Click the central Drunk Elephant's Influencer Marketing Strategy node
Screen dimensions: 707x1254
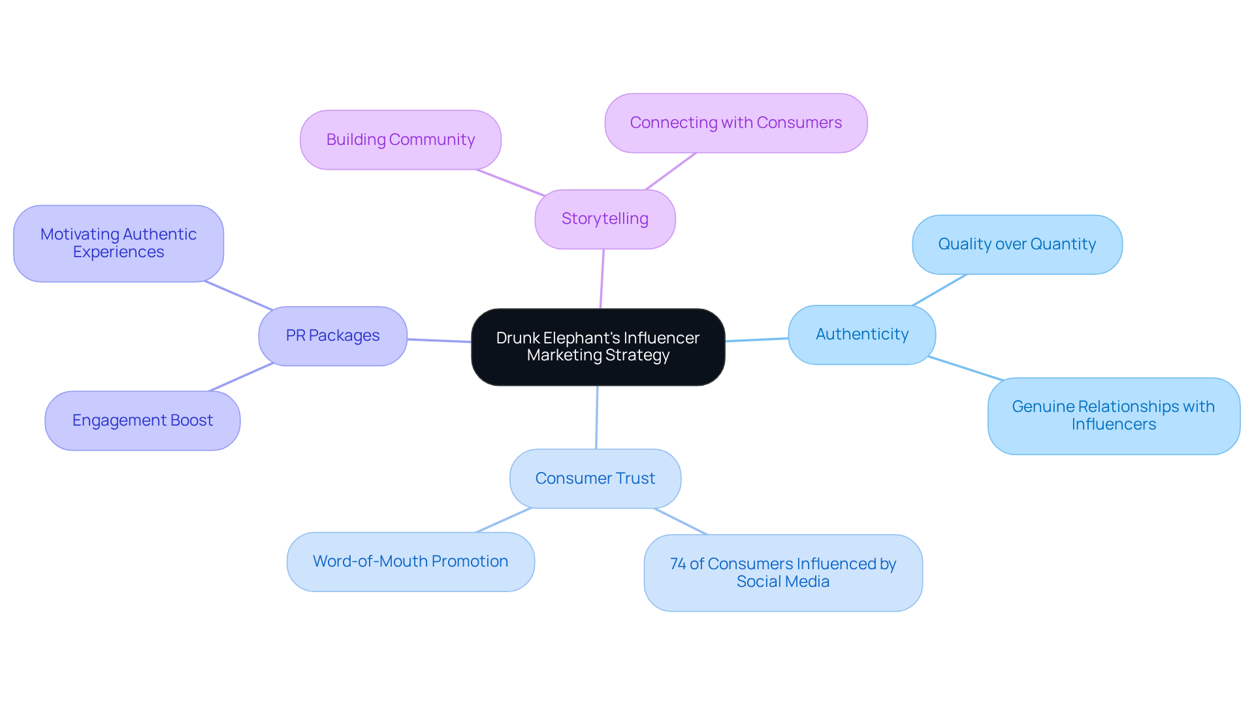(598, 347)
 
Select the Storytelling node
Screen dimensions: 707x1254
(605, 219)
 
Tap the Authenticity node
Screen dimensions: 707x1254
(861, 334)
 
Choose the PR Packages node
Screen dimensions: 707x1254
(332, 336)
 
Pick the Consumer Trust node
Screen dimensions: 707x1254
(595, 479)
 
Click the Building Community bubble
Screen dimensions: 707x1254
(400, 140)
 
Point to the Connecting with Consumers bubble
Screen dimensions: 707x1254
(735, 123)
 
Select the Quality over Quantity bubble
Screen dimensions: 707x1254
(1016, 244)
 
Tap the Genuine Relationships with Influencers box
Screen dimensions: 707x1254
(1113, 415)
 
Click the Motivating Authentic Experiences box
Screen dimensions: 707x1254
(118, 243)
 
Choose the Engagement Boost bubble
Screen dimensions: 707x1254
(142, 420)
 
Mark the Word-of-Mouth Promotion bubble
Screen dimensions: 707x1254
(410, 561)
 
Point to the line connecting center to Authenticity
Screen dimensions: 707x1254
(756, 339)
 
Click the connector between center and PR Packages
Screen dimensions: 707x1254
(439, 341)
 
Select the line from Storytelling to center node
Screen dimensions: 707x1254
(602, 279)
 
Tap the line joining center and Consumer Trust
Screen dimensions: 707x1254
(596, 418)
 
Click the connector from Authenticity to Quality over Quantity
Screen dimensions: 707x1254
(939, 291)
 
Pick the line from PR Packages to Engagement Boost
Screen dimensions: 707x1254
(240, 377)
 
